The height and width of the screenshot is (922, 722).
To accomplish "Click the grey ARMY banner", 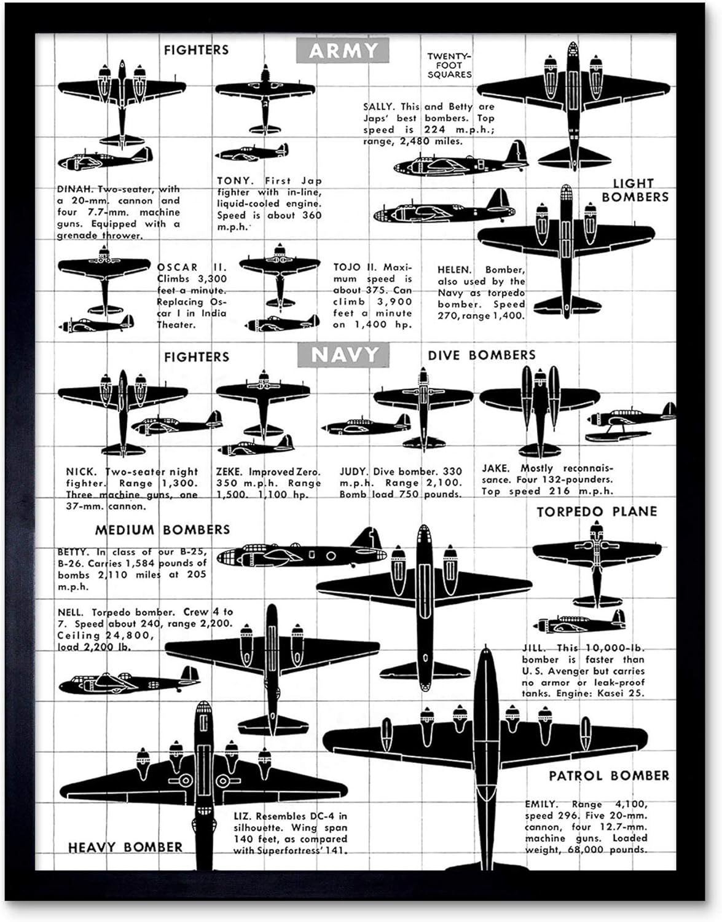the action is (x=342, y=50).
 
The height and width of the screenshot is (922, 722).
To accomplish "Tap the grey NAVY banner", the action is (x=343, y=355).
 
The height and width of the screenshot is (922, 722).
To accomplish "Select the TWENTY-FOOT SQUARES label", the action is (x=450, y=65).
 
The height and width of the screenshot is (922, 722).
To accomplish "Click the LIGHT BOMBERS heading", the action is (x=634, y=191).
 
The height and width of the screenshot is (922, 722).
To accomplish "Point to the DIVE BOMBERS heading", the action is (x=482, y=355).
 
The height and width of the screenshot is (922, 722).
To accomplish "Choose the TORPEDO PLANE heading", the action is (x=597, y=511).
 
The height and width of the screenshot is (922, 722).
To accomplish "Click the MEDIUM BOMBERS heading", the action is (x=162, y=530).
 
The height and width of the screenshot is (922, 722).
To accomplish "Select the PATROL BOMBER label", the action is (x=608, y=776).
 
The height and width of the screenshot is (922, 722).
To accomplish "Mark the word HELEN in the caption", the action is (x=454, y=270).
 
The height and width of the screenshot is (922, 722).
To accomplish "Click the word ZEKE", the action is (x=229, y=472).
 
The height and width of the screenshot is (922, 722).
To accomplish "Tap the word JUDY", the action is (x=353, y=472).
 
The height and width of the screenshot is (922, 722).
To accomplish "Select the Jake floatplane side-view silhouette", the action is (x=630, y=421).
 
